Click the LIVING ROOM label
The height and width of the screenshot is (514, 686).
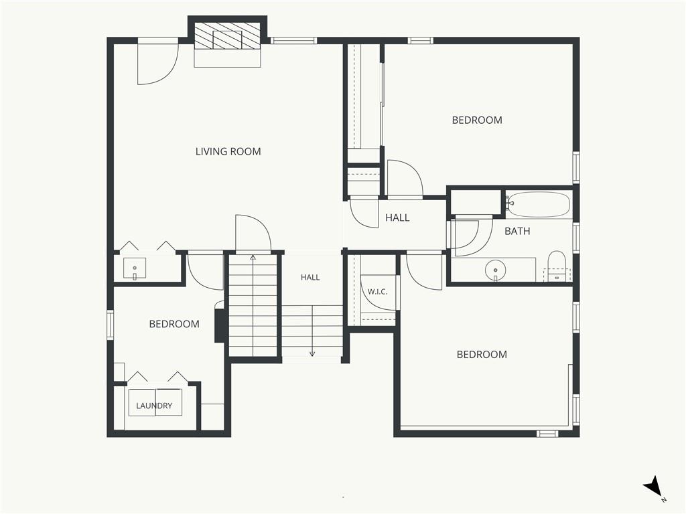click(x=228, y=152)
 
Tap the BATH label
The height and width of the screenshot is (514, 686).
click(x=517, y=231)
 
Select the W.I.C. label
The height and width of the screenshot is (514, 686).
click(x=377, y=292)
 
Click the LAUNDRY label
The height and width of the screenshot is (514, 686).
click(x=154, y=406)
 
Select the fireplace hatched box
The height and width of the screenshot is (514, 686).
click(x=227, y=36)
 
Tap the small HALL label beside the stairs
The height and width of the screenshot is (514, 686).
click(x=310, y=277)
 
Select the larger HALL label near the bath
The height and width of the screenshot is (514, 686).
click(x=397, y=218)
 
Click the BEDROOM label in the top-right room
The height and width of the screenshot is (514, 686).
click(x=477, y=120)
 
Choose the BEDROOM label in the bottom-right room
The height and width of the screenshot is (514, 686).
click(x=482, y=355)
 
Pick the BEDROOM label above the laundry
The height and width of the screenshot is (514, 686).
click(x=174, y=324)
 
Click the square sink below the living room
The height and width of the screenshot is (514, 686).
click(x=134, y=268)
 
